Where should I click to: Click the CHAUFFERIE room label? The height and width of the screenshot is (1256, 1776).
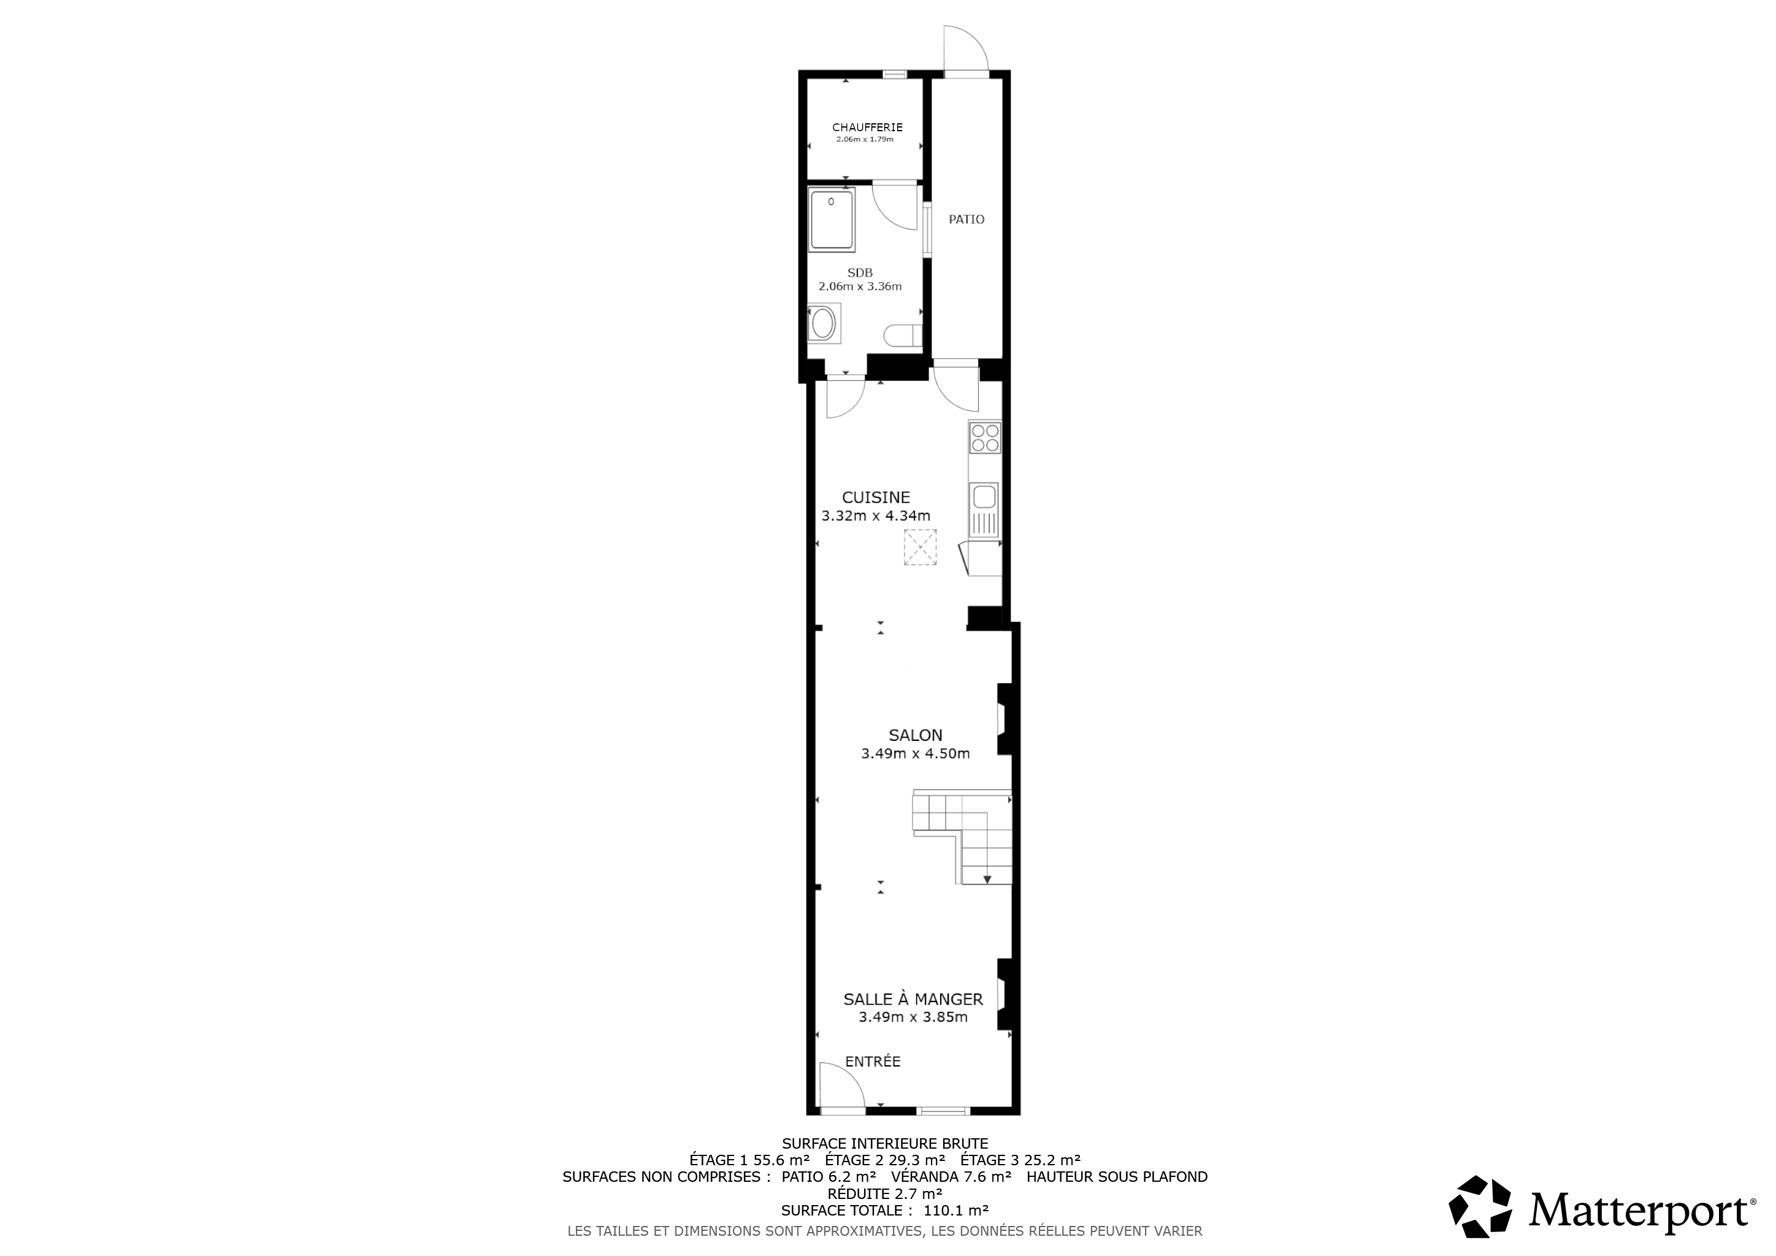coord(867,128)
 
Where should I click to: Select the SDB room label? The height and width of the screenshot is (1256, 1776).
coord(860,273)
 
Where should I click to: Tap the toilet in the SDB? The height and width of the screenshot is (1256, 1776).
coord(903,335)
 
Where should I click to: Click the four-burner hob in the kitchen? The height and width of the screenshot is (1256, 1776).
coord(985,438)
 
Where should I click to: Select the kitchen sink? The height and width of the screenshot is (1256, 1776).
coord(984,510)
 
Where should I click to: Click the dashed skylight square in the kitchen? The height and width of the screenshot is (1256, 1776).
coord(921,548)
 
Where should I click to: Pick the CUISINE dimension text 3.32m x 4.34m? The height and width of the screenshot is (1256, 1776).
coord(876,516)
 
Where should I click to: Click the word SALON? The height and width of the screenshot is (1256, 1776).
coord(916,735)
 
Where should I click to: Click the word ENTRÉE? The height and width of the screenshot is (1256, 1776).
coord(873,1062)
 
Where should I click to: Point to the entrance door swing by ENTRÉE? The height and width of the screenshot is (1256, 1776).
coord(843,1087)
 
